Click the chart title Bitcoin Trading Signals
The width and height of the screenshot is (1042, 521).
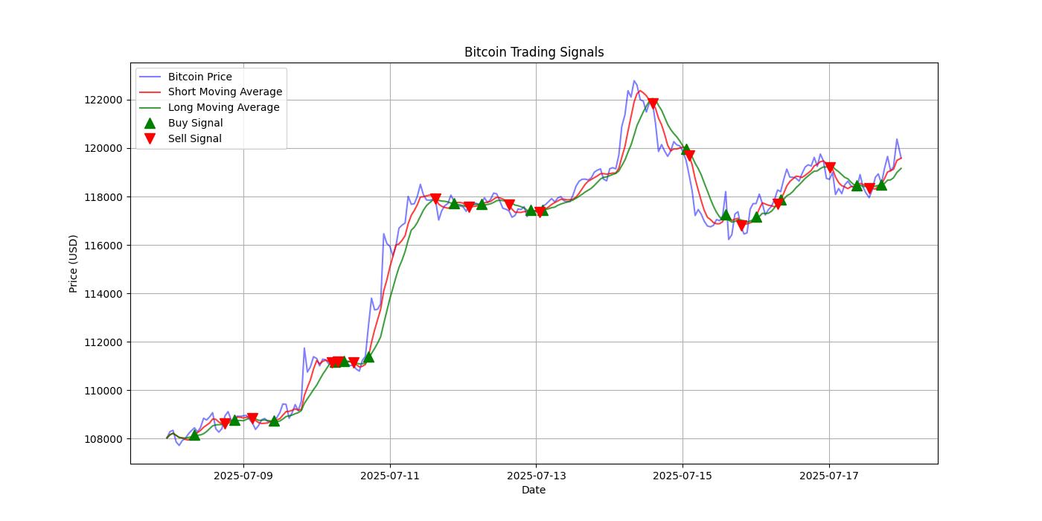click(534, 52)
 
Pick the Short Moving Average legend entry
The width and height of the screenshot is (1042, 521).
click(225, 92)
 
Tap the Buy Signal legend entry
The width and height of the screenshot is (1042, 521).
click(195, 123)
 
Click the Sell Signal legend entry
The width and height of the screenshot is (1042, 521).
click(194, 138)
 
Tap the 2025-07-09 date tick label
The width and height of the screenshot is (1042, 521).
click(243, 476)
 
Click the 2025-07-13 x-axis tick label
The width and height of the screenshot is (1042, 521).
click(536, 476)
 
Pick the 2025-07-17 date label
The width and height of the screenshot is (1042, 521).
click(829, 476)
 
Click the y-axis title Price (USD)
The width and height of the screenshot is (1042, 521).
click(74, 263)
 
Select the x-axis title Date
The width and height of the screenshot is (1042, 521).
click(534, 490)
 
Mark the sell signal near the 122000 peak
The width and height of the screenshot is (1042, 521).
click(653, 103)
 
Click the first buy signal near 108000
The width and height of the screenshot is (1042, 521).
click(194, 434)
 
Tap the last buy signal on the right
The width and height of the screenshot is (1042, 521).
click(881, 184)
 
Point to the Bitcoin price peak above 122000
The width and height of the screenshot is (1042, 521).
click(634, 80)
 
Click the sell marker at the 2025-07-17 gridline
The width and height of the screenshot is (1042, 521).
click(830, 167)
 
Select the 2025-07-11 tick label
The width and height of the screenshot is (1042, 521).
click(390, 476)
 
